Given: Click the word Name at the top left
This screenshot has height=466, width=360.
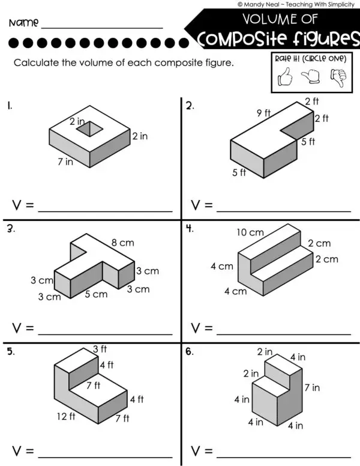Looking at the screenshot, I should coord(23,24).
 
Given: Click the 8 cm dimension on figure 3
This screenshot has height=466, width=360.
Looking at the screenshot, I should coord(122,243).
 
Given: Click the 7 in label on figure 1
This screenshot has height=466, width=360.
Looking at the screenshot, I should coord(66,162).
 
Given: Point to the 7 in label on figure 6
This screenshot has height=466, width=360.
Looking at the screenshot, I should coord(312,388).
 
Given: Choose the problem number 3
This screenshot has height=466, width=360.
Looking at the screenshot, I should coord(10,229).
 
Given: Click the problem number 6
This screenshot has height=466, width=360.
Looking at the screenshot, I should coord(189,352).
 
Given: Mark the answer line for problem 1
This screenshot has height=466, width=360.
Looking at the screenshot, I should coord(105,211).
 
